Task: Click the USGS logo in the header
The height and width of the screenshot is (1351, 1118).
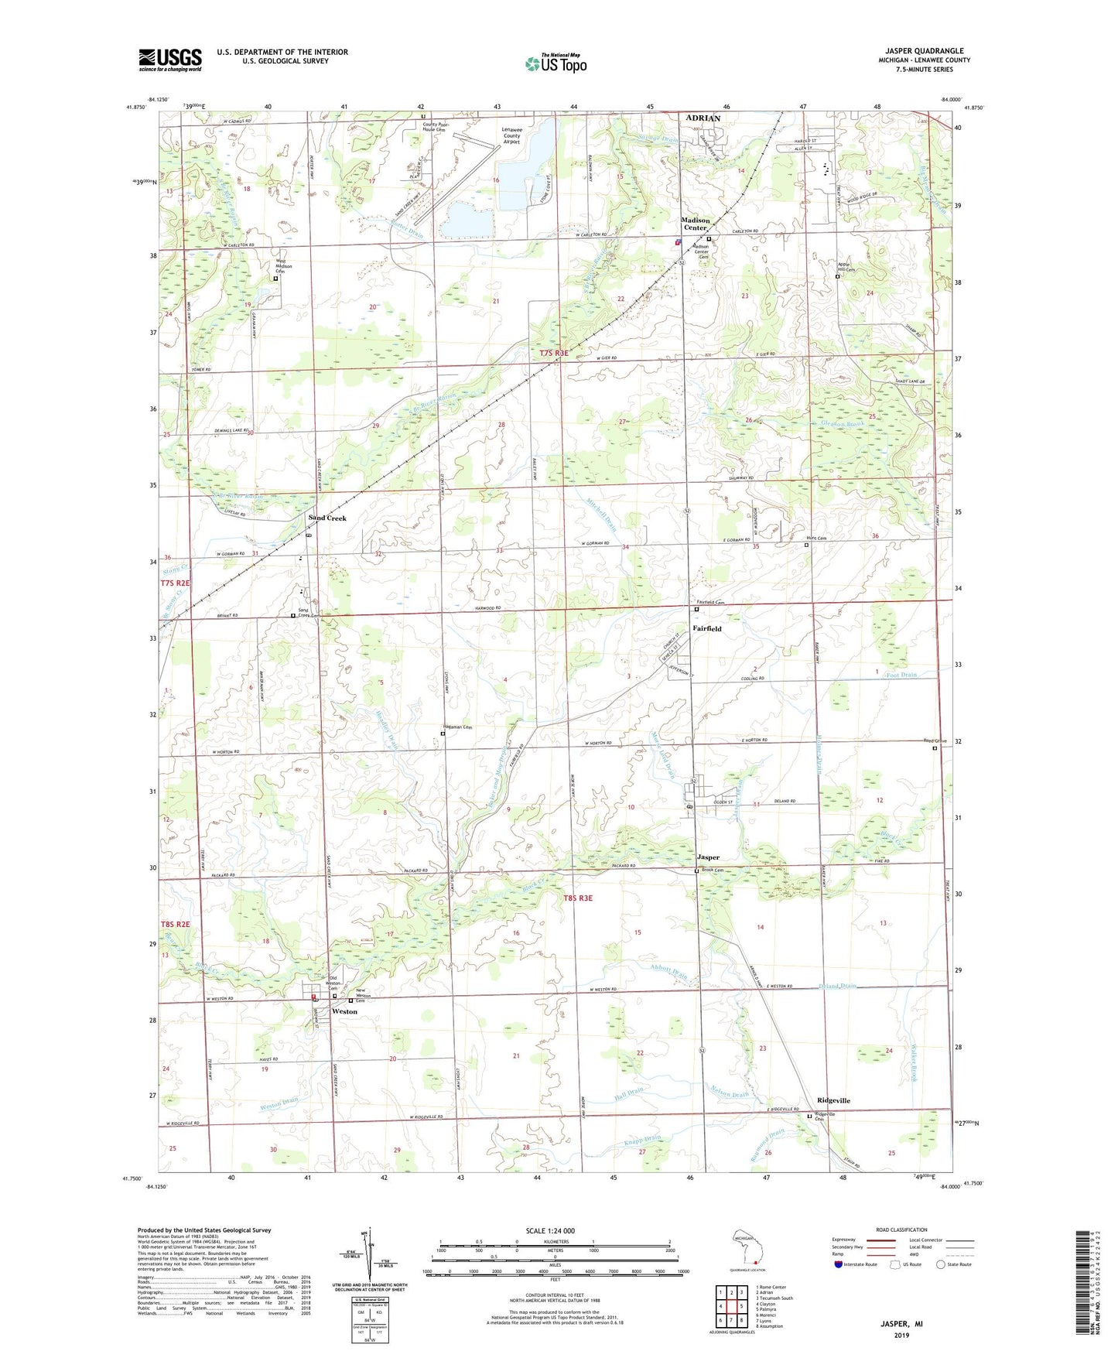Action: point(169,60)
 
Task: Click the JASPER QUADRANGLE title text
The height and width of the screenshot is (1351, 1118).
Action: point(928,50)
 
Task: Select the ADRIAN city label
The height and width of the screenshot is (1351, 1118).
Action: point(703,118)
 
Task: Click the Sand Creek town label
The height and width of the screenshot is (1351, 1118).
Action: point(327,518)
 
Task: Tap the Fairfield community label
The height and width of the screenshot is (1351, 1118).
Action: point(706,628)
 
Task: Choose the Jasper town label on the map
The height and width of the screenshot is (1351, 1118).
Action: point(707,857)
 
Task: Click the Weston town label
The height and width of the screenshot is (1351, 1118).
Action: point(344,1011)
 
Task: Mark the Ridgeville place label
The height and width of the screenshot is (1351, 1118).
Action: point(833,1100)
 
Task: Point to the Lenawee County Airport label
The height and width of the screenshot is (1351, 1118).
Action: point(511,135)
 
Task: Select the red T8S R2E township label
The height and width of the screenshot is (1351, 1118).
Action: point(175,925)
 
